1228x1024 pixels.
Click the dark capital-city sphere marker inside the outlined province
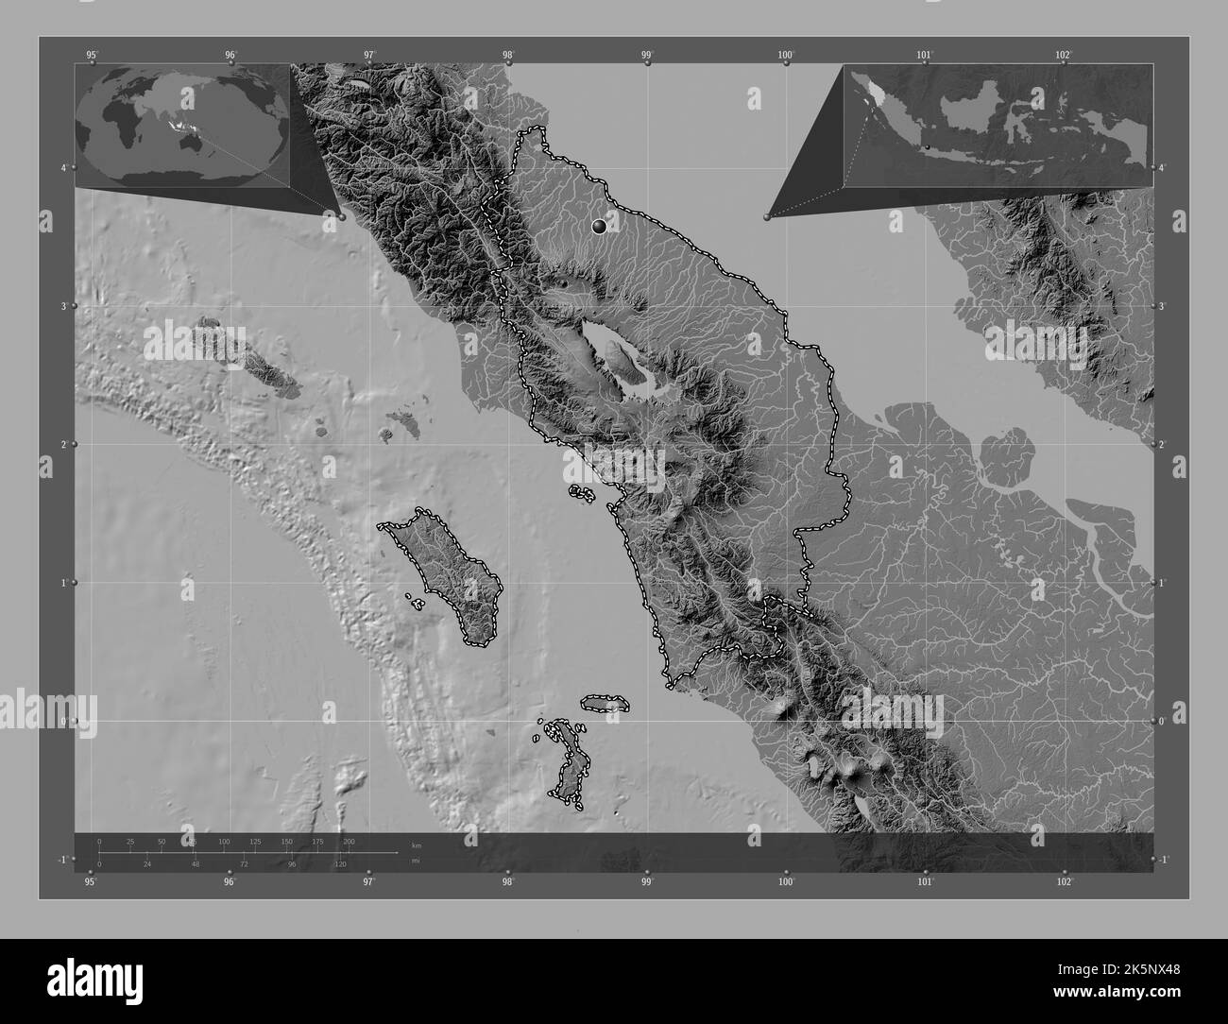pyautogui.click(x=599, y=225)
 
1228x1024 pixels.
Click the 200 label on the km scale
pyautogui.click(x=349, y=841)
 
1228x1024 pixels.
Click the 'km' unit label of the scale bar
pyautogui.click(x=417, y=845)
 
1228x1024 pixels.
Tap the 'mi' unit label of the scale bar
pyautogui.click(x=416, y=861)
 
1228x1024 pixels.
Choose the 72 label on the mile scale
pyautogui.click(x=244, y=864)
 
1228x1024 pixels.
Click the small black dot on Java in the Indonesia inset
pyautogui.click(x=928, y=146)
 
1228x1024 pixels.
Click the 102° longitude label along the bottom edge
pyautogui.click(x=1064, y=882)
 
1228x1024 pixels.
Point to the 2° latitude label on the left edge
pyautogui.click(x=64, y=444)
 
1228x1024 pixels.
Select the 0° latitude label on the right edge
pyautogui.click(x=1162, y=721)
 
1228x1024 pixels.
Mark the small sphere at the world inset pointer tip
pyautogui.click(x=341, y=216)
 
